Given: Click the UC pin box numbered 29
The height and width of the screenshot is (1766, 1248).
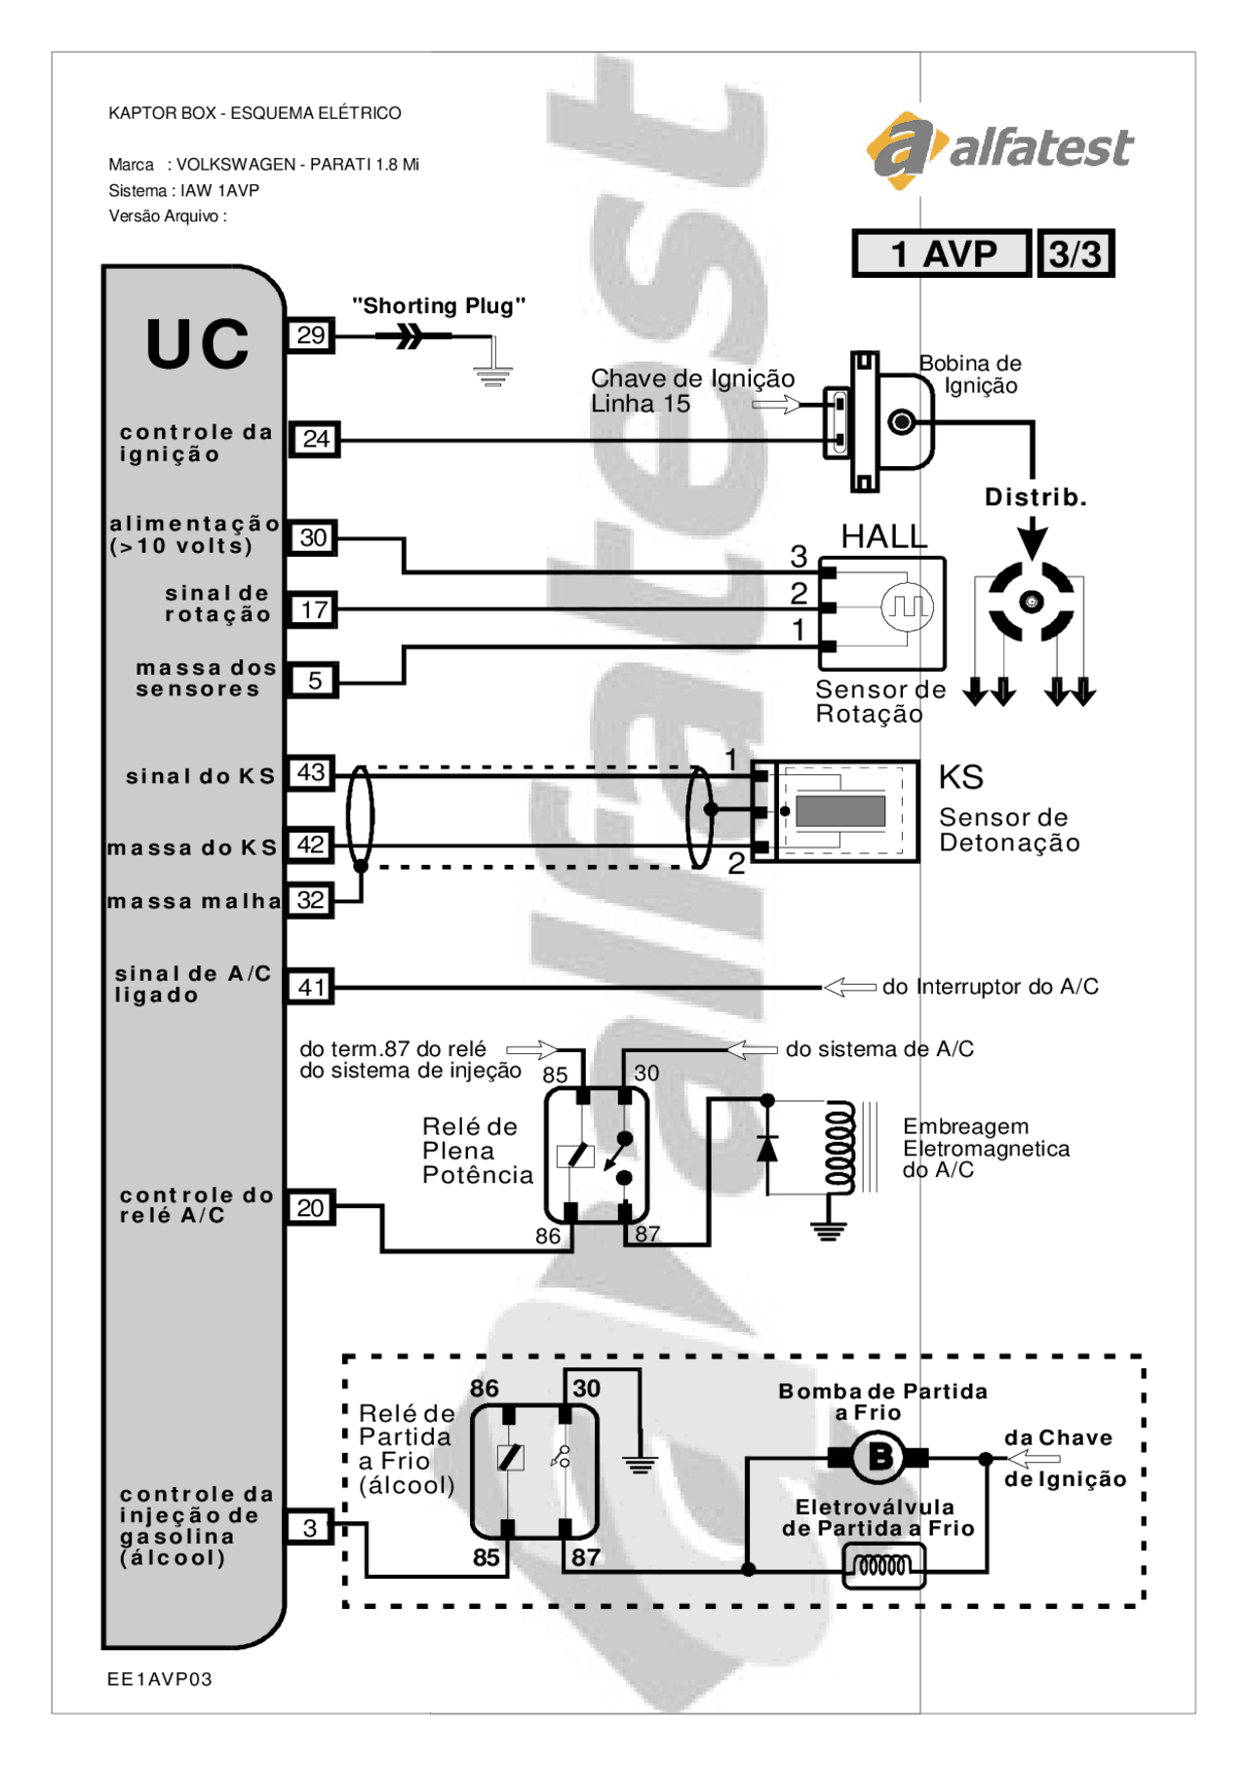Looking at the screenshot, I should [x=311, y=335].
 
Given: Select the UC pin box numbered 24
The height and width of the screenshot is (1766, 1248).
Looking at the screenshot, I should [x=315, y=439].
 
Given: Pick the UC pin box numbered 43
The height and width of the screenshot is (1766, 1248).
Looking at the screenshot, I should [x=311, y=773].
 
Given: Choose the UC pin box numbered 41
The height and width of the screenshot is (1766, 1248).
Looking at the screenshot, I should [x=311, y=987].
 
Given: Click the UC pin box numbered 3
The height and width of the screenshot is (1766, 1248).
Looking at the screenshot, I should [x=310, y=1527].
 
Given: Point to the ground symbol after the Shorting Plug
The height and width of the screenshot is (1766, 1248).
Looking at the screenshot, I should [x=493, y=374].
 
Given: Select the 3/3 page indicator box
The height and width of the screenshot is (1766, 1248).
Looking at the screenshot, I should [x=1075, y=255].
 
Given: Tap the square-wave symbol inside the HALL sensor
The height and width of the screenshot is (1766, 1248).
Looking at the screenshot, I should [x=908, y=607].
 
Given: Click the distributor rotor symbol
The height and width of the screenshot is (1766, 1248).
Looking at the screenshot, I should [x=1031, y=602].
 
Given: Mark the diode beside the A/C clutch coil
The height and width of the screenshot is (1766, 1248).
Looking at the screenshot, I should [x=767, y=1149].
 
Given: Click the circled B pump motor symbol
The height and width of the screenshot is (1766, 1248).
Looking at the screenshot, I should [x=879, y=1458].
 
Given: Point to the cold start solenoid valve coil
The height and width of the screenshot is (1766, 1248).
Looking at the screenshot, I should [x=883, y=1566].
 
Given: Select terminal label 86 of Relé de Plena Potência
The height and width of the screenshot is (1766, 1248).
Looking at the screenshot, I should [x=548, y=1236].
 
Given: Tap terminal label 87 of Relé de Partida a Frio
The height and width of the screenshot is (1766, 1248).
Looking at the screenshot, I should [x=586, y=1557].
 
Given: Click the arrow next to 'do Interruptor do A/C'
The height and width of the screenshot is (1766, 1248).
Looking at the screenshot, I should [x=849, y=987].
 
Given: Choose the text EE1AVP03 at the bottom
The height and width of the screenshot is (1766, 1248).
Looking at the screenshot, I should [x=160, y=1679].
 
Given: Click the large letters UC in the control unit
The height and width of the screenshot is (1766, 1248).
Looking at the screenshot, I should [x=198, y=344].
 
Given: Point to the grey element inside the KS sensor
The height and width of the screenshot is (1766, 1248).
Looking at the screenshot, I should [x=840, y=811].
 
